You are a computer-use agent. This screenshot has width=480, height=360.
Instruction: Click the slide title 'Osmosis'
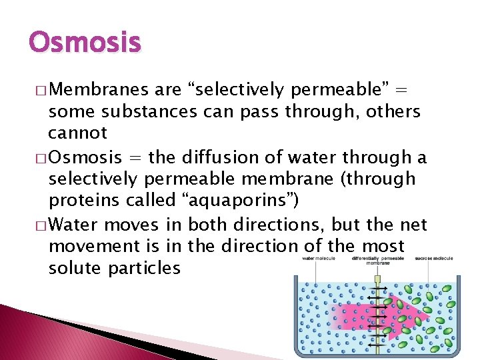pos(85,43)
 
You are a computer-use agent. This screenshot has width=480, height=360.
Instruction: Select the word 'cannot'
pos(77,133)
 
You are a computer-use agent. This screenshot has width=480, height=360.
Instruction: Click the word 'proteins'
pos(81,201)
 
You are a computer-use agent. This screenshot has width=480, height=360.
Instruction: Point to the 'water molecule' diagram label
pos(318,259)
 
